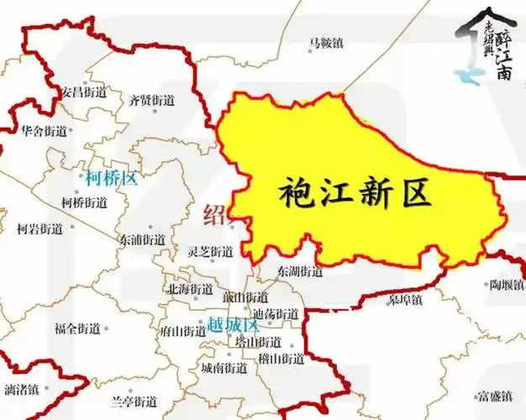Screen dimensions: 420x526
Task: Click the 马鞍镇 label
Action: (326, 43)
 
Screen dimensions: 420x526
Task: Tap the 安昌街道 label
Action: (85, 91)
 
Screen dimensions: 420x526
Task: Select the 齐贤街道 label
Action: (152, 101)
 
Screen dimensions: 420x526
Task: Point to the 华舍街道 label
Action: (44, 132)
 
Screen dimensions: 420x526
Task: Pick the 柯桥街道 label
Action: (85, 202)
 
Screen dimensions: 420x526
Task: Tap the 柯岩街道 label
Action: (40, 228)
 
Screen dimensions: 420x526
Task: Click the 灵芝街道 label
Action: (210, 252)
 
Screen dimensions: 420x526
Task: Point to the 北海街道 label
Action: (191, 290)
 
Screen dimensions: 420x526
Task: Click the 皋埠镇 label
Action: (406, 298)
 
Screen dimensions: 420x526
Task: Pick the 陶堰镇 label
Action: (508, 286)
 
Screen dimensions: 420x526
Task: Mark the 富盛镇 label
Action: (494, 396)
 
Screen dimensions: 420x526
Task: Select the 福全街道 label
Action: (77, 328)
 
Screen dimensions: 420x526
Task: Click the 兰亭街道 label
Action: (134, 401)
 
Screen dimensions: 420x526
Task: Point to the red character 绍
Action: (215, 214)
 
